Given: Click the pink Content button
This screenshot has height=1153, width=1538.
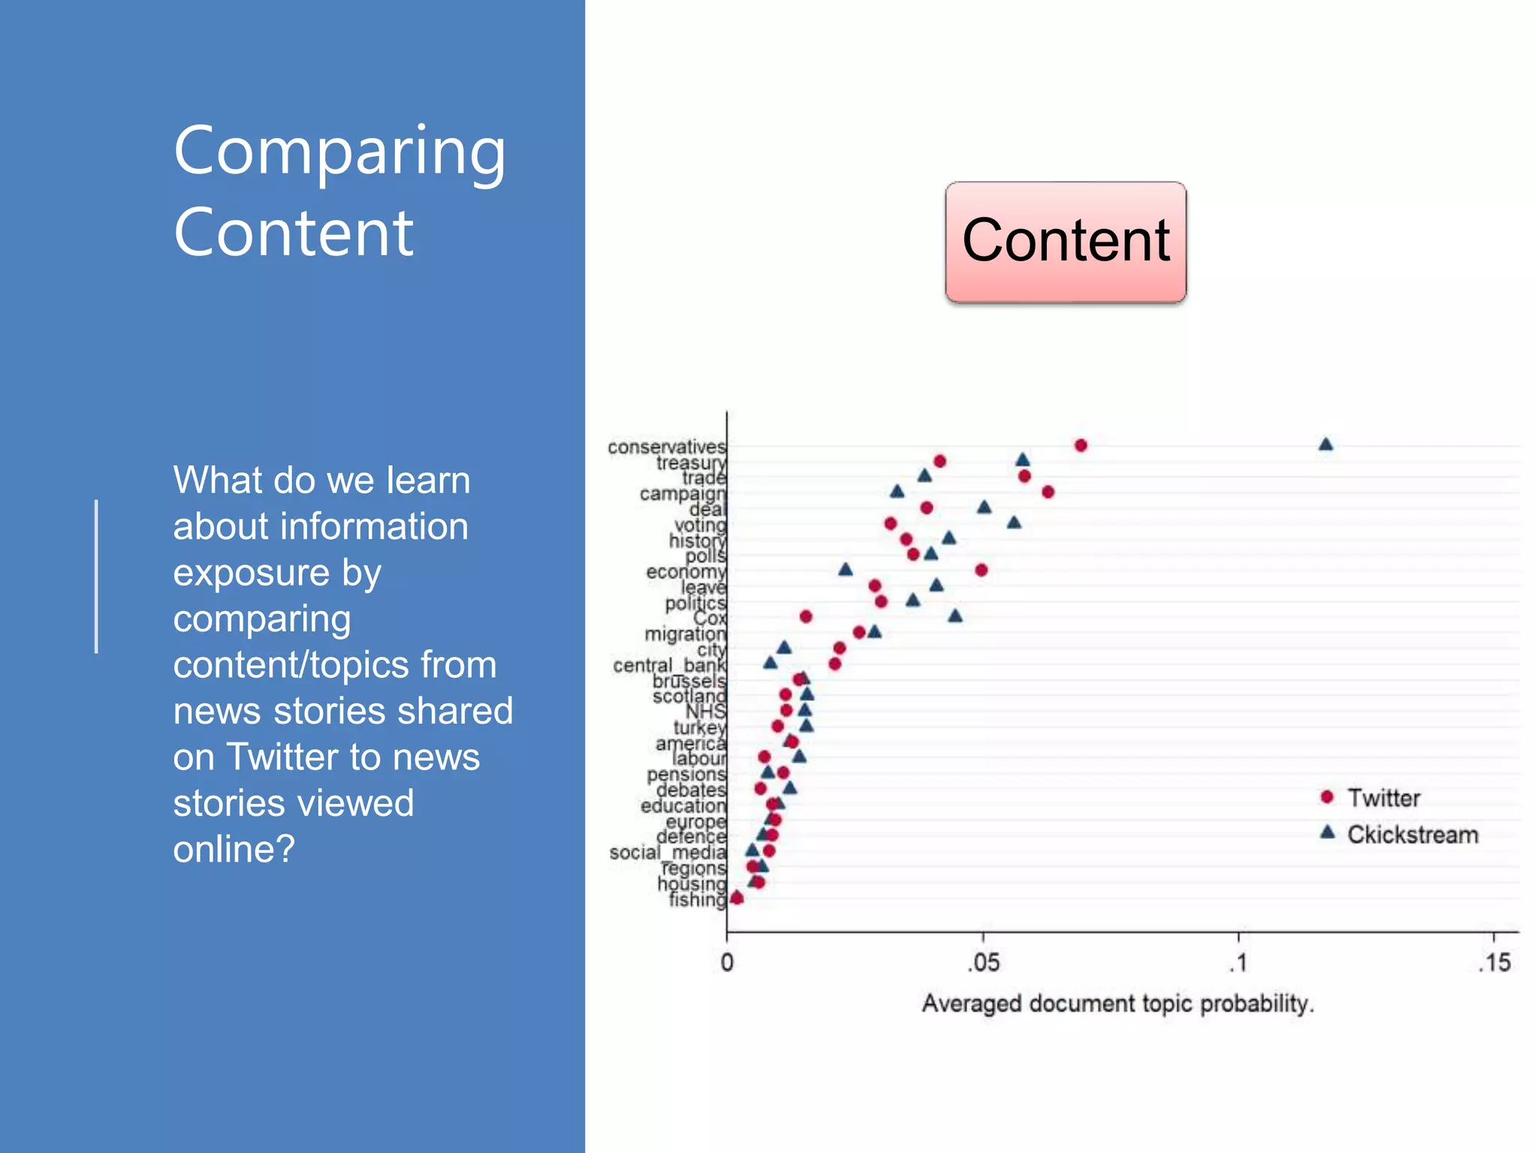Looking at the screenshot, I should [x=1066, y=242].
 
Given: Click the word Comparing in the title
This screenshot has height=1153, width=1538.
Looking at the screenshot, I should [x=339, y=152].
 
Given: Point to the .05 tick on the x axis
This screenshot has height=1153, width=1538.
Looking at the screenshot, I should [x=983, y=962].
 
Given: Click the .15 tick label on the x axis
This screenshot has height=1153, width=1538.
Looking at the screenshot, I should [x=1494, y=962].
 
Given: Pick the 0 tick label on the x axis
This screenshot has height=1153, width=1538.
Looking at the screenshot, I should [x=727, y=962].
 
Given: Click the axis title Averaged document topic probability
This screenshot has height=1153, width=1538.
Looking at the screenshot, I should [x=1117, y=1004].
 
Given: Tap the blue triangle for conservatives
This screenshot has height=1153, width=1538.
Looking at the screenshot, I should [x=1325, y=444].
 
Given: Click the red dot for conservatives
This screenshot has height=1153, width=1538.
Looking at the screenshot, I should [x=1081, y=445].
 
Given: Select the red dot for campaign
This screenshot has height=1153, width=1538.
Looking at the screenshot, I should [x=1048, y=492].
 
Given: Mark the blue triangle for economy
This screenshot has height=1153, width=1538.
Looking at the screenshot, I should [x=846, y=570].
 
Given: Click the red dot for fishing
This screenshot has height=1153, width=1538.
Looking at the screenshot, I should [x=737, y=898].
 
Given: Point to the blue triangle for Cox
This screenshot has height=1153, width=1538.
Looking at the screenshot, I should [x=955, y=616].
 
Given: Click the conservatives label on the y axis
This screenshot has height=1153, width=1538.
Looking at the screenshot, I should [x=666, y=447].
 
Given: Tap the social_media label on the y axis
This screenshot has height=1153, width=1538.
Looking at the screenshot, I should [x=668, y=853].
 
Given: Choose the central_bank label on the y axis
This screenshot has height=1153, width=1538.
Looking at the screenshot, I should [x=669, y=666].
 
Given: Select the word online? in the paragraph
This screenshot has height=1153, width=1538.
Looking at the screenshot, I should [x=234, y=849].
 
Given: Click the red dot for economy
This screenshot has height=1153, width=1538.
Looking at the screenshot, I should [x=981, y=570].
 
